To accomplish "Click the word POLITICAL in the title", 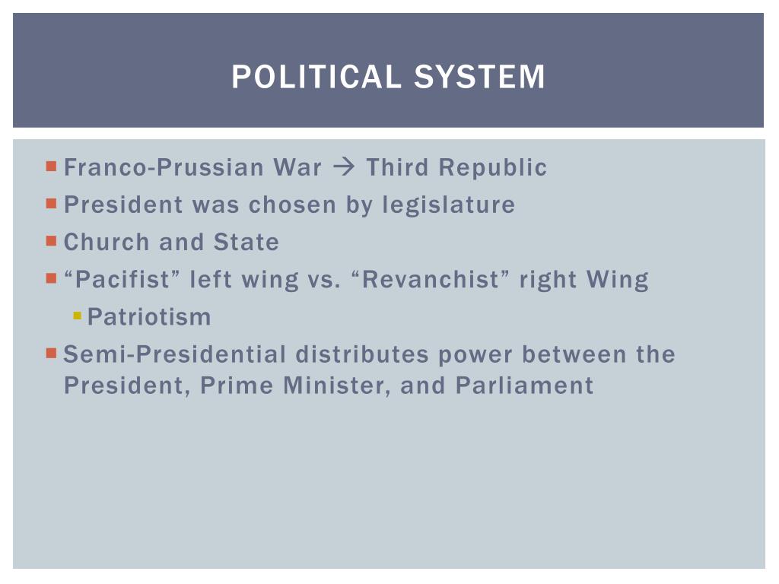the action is click(316, 77).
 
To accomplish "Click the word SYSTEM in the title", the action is click(479, 77).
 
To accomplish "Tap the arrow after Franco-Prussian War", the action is click(344, 167).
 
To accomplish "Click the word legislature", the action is click(449, 205).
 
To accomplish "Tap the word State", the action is click(246, 242).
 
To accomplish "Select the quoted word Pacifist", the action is click(122, 279).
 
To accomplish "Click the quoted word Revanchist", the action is click(430, 279).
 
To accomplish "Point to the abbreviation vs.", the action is click(324, 280).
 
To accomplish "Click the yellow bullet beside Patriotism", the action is click(77, 316).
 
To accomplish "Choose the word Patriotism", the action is click(149, 317).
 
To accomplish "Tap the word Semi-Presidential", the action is click(175, 354).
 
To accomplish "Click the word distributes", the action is click(362, 354).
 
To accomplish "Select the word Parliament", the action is click(524, 386).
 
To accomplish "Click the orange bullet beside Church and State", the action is click(51, 241).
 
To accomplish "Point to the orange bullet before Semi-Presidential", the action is click(51, 353).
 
